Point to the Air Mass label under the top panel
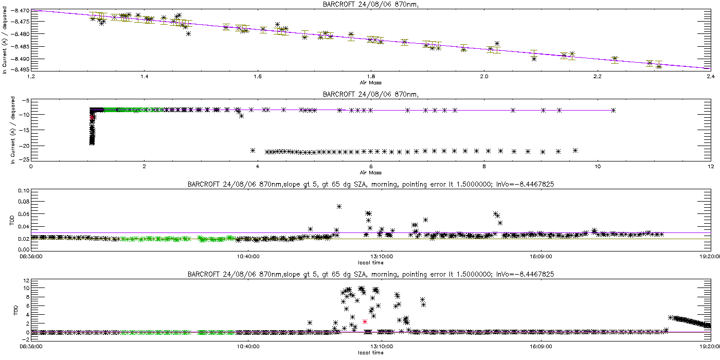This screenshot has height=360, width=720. click(371, 82)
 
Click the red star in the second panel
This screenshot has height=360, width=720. click(92, 118)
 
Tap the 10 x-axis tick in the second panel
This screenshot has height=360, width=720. click(597, 166)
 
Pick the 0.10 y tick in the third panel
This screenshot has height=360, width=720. click(23, 191)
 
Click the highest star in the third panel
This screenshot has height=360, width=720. click(339, 206)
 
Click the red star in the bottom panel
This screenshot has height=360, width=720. click(365, 321)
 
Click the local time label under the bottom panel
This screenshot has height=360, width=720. click(371, 353)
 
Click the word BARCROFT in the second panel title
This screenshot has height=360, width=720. click(339, 94)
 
